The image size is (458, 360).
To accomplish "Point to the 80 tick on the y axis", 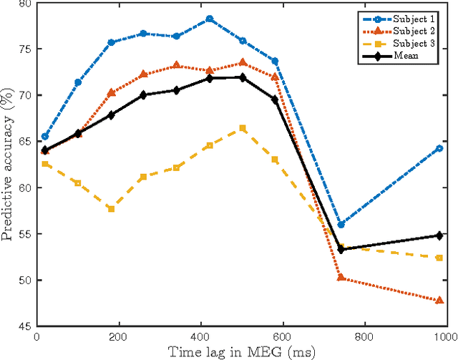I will click(25, 4).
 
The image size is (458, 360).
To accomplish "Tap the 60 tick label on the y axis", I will click(25, 188).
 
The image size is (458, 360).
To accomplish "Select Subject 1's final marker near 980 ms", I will click(439, 148).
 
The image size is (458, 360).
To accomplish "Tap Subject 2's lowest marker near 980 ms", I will click(439, 300).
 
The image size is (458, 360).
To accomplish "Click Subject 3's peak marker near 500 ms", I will click(243, 128).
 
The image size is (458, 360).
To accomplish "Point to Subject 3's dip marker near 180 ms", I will click(111, 208).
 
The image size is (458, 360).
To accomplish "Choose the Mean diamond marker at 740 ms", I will click(341, 250).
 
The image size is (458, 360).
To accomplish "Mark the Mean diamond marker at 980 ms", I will click(439, 235).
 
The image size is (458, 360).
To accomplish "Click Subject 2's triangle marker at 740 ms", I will click(341, 278).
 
